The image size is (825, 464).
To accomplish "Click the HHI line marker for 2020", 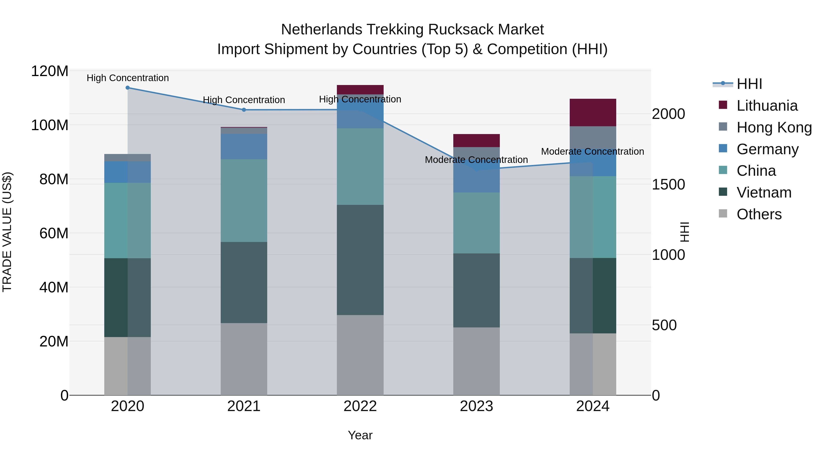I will point(127,88).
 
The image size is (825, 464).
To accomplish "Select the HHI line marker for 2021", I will point(244,110).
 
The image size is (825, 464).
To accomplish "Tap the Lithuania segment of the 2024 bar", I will point(593,113).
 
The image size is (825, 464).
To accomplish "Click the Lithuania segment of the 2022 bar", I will point(360,90).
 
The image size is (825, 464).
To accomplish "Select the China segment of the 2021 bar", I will point(244,200).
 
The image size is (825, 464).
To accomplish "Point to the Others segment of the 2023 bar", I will point(476,361).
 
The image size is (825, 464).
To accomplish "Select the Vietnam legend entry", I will point(764,192).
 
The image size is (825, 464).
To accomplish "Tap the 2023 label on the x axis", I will point(476,406).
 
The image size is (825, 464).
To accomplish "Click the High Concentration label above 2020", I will point(127,78).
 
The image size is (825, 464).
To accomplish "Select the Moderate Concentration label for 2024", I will point(592,151).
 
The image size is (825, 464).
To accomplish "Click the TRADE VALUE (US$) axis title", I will point(7,232).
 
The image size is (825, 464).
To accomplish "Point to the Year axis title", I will point(360,435).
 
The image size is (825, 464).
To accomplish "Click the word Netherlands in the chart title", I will point(321,30).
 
